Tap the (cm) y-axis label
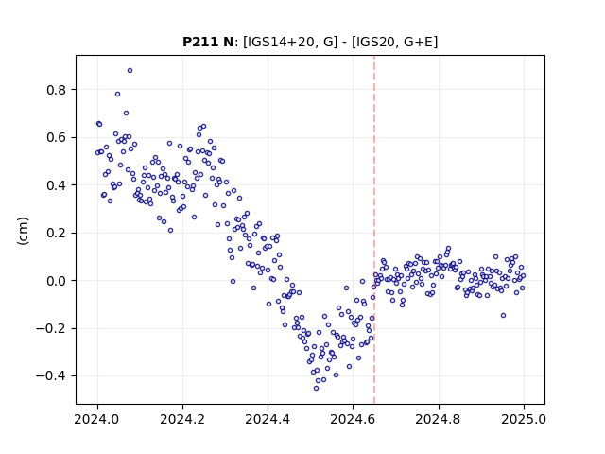(23, 231)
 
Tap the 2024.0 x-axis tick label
(97, 419)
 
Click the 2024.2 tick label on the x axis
(182, 419)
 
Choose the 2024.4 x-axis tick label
(268, 419)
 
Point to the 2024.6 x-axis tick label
(353, 419)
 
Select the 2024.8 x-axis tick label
(438, 419)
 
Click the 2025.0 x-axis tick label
(524, 419)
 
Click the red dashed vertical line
(374, 230)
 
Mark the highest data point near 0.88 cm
(130, 70)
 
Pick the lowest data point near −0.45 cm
(316, 388)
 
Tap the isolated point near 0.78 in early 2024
(117, 95)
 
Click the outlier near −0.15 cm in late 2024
(503, 315)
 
